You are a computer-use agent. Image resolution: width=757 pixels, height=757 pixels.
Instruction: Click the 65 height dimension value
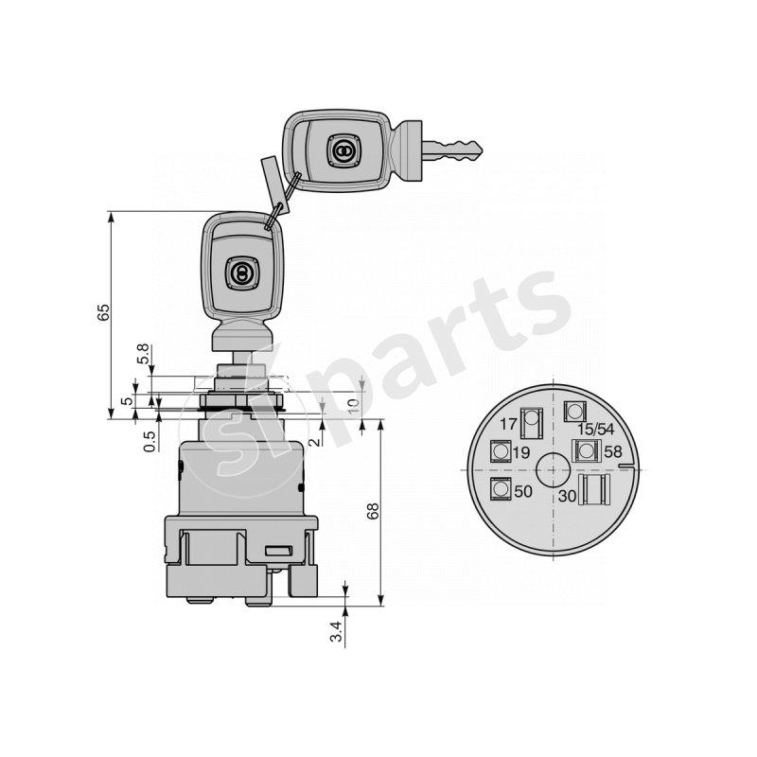[x=104, y=314]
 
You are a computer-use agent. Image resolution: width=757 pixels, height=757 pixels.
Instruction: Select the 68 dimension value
[x=374, y=511]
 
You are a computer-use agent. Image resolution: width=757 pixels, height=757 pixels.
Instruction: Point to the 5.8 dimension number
[x=143, y=355]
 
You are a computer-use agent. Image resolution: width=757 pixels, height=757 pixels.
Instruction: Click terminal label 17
[x=508, y=423]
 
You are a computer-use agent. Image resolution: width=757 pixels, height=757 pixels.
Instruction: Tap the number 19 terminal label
[x=520, y=453]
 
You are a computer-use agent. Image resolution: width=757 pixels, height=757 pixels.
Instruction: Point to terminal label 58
[x=613, y=452]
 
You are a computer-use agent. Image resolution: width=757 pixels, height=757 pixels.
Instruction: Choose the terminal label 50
[x=522, y=491]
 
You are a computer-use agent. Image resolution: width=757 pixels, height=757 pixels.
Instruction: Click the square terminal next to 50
[x=499, y=489]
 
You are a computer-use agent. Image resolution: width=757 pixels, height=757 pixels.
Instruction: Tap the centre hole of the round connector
[x=550, y=467]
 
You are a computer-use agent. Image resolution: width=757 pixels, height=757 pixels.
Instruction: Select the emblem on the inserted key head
[x=240, y=273]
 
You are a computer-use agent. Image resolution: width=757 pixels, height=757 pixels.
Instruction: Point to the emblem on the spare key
[x=342, y=150]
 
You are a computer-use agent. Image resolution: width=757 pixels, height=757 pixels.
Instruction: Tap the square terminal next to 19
[x=500, y=452]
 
